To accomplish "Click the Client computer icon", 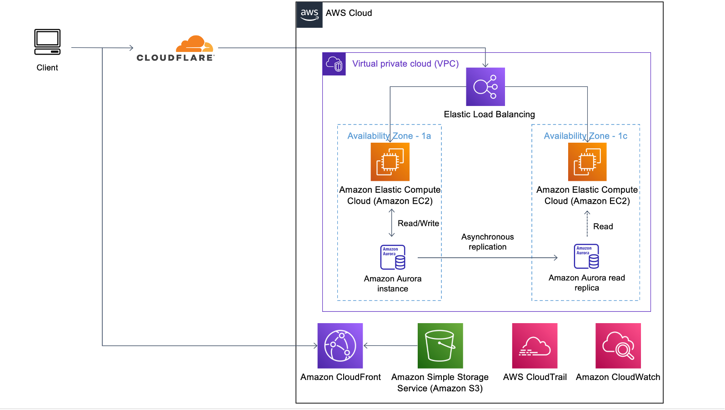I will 47,42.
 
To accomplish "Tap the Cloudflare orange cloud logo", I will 194,44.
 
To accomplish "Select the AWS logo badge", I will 310,15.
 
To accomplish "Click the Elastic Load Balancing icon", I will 485,87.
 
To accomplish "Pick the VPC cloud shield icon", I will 334,64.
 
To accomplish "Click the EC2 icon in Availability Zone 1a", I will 390,162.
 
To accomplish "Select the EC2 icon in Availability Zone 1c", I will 587,162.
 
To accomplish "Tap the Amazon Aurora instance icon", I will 393,257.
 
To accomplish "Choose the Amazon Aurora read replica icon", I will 586,256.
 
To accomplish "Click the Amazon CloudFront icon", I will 340,345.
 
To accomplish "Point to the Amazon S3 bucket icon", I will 440,345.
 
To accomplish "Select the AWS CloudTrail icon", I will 535,345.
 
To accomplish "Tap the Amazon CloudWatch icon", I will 618,345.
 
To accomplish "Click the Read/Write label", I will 418,223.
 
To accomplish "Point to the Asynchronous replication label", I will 487,242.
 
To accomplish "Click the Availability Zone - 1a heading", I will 389,136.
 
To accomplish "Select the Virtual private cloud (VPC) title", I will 405,64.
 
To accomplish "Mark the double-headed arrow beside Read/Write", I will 391,223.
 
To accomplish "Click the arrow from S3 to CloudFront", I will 390,345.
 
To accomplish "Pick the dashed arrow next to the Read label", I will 587,224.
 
